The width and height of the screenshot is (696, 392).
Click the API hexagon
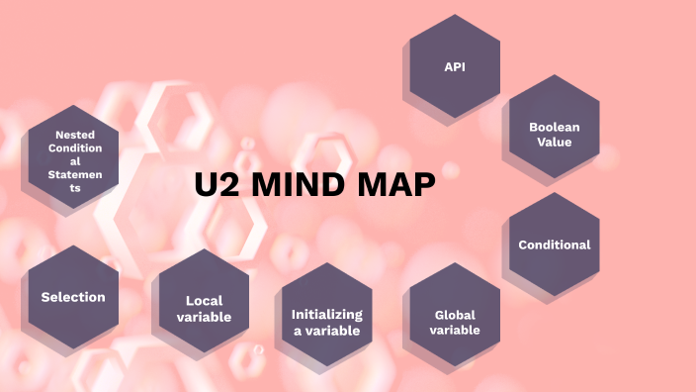click(x=454, y=66)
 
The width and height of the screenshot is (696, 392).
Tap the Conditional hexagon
click(x=554, y=244)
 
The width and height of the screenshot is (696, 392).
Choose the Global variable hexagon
click(x=455, y=315)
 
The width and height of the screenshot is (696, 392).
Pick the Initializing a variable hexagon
click(x=326, y=315)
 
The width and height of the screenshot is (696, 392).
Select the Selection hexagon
click(x=73, y=297)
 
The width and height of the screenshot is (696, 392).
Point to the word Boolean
click(x=554, y=127)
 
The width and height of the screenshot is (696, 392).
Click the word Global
click(x=455, y=315)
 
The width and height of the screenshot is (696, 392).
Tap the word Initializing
click(x=326, y=314)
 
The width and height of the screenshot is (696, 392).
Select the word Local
click(x=204, y=301)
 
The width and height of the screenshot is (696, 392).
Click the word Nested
click(x=74, y=134)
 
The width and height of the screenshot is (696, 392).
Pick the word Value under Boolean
click(x=554, y=142)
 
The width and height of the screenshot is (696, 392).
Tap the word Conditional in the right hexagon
click(x=554, y=245)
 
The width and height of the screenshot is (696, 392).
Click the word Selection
click(x=73, y=297)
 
